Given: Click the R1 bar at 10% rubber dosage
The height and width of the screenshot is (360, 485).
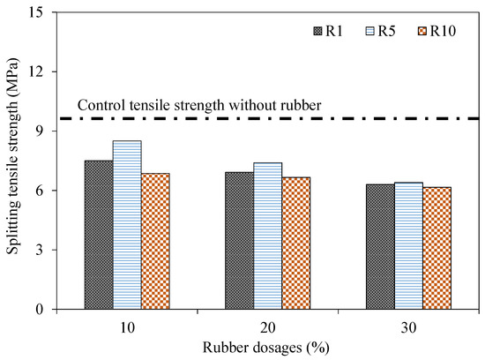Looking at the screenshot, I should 98,235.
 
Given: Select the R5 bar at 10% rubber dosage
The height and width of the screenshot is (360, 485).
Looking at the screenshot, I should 126,225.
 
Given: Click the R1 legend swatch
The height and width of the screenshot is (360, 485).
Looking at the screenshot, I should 318,33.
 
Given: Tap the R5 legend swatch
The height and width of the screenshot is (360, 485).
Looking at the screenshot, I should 371,33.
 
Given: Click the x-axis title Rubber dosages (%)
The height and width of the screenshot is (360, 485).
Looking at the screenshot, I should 266,346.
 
